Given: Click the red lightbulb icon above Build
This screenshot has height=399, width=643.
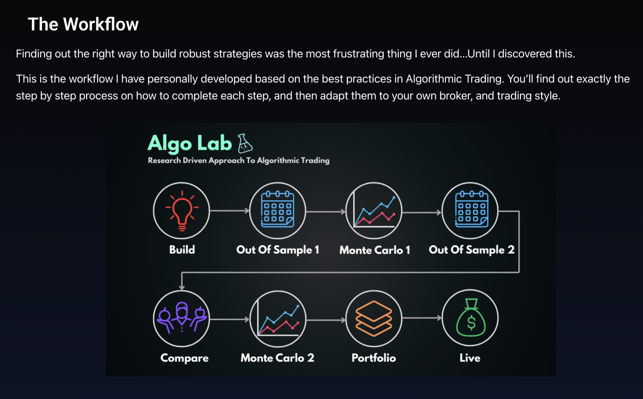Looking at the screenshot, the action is pos(182,211).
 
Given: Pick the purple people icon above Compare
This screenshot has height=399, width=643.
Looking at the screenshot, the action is pos(181,317).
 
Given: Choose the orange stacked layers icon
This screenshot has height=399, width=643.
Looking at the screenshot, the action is pos(374,318).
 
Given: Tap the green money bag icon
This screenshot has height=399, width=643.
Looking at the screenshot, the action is pos(471,318).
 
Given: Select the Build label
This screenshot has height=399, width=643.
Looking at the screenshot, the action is pos(182,250).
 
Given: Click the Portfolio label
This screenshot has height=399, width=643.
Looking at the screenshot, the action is pos(374,358).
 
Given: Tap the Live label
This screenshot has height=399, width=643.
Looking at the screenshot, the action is pos(470,358).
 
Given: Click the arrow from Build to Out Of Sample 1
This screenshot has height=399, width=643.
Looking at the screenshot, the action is pos(230,211).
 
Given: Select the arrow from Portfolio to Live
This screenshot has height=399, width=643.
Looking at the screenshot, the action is pos(422,318).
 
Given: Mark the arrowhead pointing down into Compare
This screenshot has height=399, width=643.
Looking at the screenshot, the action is pos(182,287).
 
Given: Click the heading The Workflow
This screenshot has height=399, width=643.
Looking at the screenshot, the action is pos(83,24).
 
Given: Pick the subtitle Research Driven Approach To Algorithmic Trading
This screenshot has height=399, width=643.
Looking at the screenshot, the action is pos(238,160).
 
